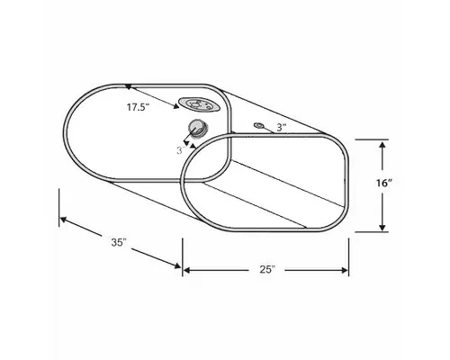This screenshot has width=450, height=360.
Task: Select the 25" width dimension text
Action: pyautogui.click(x=265, y=269)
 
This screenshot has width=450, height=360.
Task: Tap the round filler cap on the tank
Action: pyautogui.click(x=197, y=127)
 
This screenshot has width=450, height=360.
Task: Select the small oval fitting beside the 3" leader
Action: pyautogui.click(x=259, y=124)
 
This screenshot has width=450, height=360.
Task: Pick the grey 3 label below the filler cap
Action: pyautogui.click(x=179, y=151)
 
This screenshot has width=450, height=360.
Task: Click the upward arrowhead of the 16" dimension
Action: pyautogui.click(x=384, y=144)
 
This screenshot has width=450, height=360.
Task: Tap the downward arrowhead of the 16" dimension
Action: pyautogui.click(x=384, y=227)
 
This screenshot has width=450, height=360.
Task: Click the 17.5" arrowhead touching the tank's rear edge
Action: pyautogui.click(x=130, y=86)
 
